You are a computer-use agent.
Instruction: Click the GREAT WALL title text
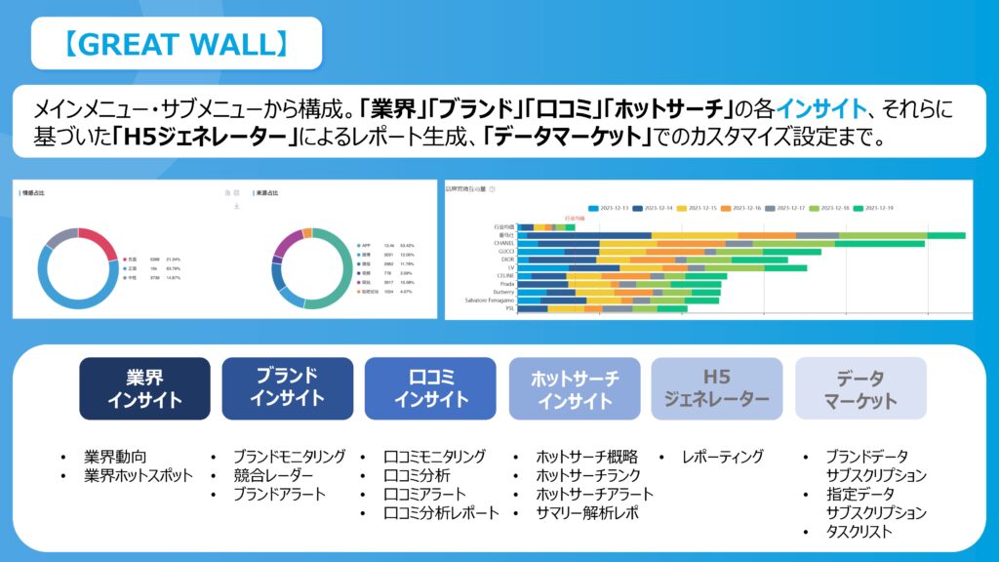(x=176, y=44)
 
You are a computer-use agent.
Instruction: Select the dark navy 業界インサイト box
(x=144, y=388)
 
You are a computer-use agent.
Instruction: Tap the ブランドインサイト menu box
(x=287, y=387)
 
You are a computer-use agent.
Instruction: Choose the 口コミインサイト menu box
(x=430, y=387)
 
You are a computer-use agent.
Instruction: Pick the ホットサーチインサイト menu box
(x=574, y=388)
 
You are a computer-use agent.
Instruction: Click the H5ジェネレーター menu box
(x=716, y=388)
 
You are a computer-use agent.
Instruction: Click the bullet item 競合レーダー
(x=273, y=475)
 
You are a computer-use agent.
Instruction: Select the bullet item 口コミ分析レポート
(x=441, y=512)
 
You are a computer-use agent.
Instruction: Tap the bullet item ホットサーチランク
(x=588, y=475)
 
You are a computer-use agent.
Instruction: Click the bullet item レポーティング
(x=722, y=457)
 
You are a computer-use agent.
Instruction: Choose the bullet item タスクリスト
(x=859, y=532)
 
